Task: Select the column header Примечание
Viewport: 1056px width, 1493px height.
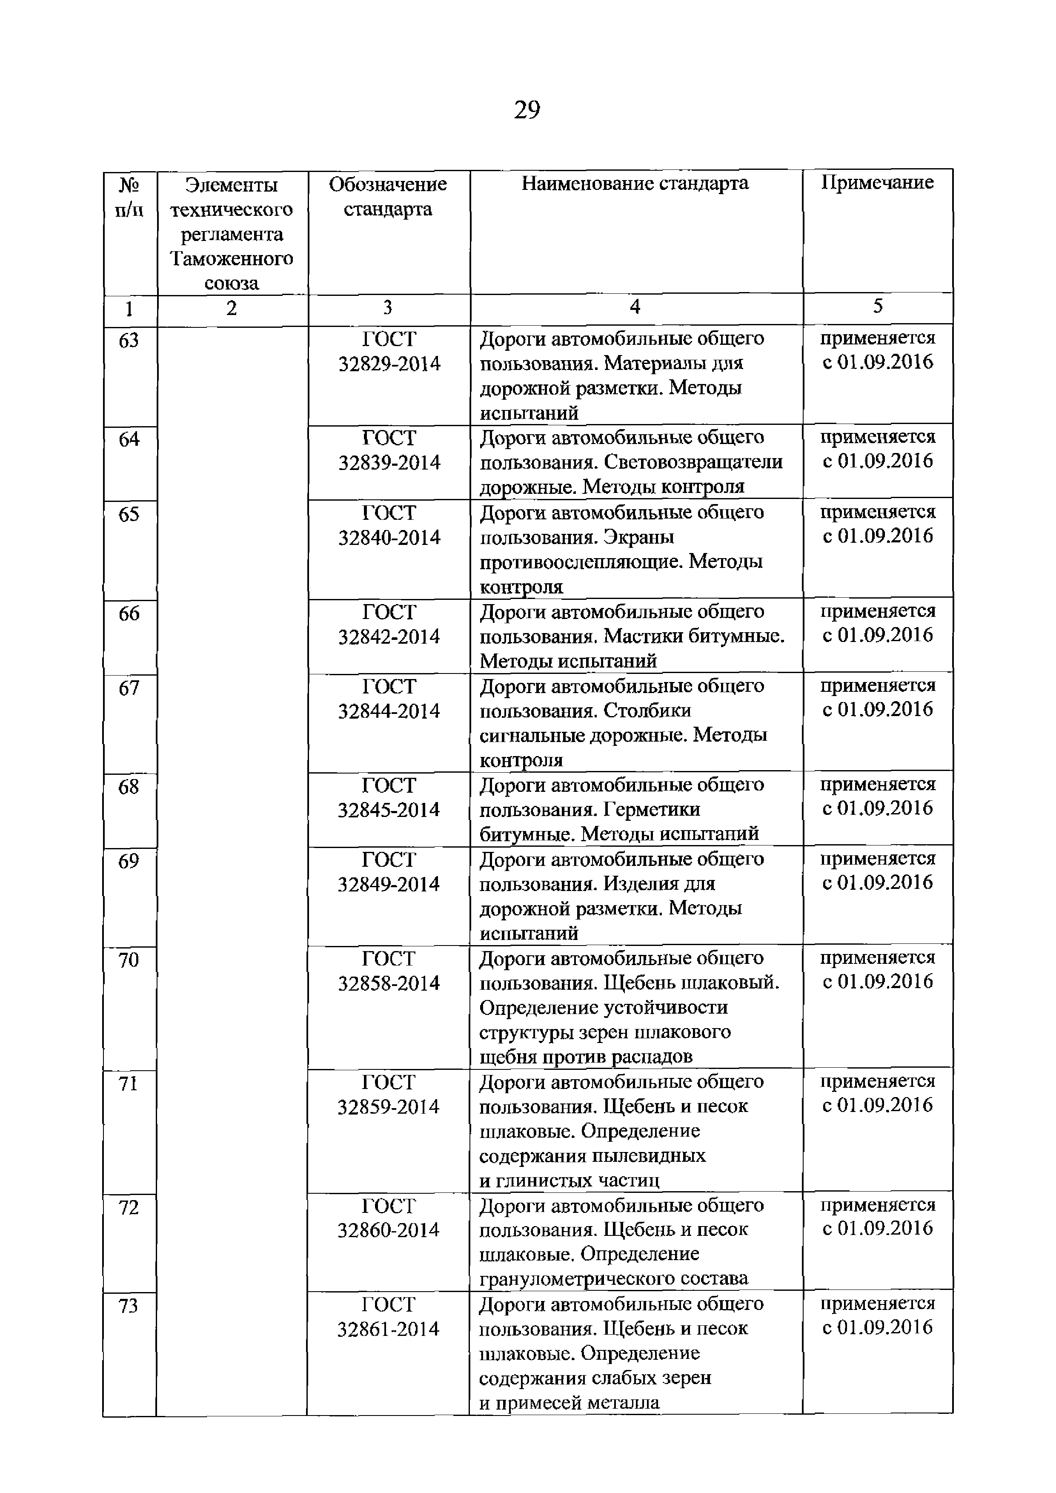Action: tap(877, 183)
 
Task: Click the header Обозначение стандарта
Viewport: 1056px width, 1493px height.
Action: tap(388, 196)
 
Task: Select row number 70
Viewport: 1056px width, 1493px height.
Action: tap(129, 960)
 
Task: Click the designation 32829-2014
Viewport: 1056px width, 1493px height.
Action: tap(389, 364)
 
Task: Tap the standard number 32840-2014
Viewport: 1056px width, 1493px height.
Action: tap(389, 538)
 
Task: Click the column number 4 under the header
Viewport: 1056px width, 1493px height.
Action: tap(635, 307)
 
